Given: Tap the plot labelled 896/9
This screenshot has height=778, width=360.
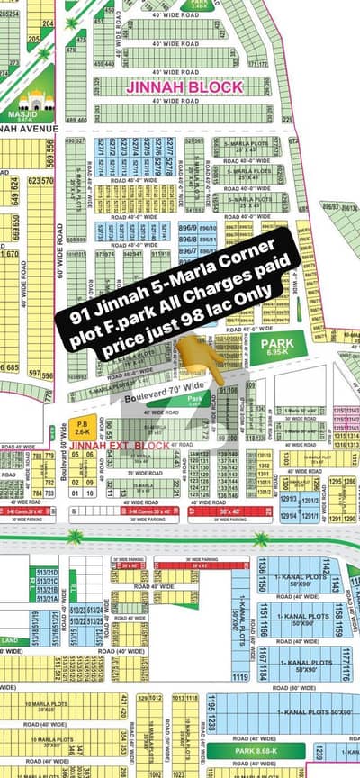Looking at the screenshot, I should pos(187,229).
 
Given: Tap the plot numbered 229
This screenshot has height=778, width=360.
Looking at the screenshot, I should pos(288,119).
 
